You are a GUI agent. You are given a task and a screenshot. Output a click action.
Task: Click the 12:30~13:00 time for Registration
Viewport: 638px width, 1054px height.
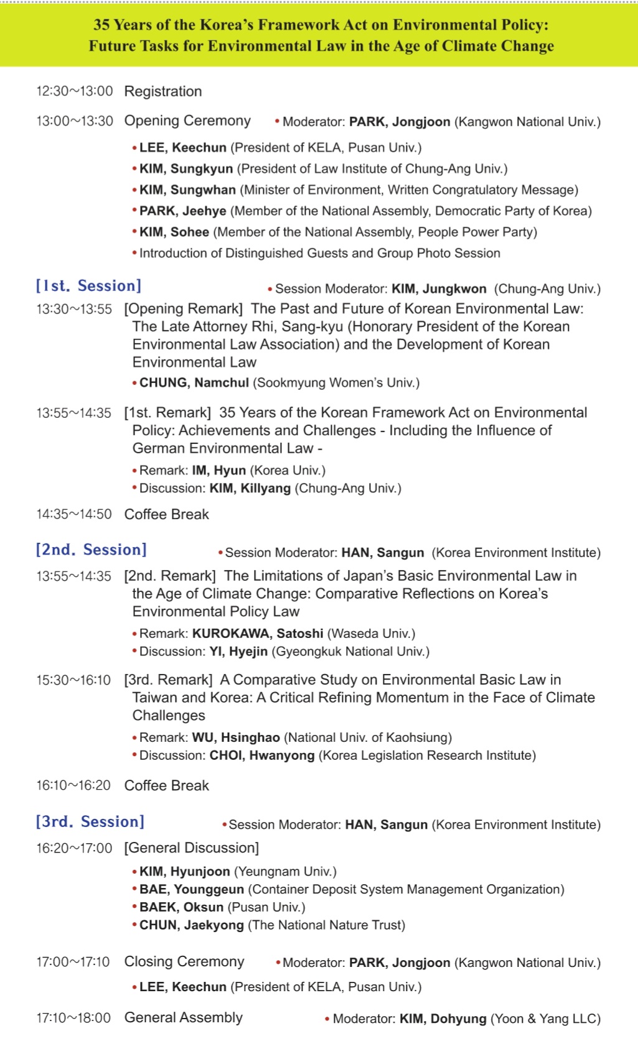74,91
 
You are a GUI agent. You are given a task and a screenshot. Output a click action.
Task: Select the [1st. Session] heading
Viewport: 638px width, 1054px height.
88,286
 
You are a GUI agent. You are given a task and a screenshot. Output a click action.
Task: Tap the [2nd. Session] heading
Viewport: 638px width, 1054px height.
91,550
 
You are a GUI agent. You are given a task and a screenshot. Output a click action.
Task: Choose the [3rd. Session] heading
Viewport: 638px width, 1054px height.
90,821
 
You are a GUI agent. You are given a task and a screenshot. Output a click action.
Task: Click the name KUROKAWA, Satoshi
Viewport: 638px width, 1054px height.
258,634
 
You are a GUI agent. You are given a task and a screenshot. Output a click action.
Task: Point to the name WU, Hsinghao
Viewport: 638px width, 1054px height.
236,737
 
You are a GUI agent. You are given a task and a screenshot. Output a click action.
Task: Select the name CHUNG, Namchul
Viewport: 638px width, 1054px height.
194,382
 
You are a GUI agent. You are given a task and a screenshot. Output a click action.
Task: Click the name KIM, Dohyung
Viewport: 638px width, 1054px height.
443,1019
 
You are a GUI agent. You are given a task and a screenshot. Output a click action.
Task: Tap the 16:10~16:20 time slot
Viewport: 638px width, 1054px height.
73,785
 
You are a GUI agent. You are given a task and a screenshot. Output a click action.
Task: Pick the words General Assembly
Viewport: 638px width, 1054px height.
183,1017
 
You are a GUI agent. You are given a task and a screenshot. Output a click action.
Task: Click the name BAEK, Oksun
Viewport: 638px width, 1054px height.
181,907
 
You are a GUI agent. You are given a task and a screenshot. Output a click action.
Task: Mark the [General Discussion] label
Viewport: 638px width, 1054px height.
191,848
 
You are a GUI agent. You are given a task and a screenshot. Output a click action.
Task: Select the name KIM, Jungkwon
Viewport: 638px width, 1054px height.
439,289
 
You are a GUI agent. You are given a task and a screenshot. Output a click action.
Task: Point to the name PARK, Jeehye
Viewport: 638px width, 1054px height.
182,211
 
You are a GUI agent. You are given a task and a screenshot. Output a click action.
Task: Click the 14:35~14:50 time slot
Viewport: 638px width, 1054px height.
73,514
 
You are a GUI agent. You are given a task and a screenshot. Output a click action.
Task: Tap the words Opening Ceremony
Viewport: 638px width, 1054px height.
187,121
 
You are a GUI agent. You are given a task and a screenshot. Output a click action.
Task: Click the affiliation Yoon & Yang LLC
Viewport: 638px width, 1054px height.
545,1019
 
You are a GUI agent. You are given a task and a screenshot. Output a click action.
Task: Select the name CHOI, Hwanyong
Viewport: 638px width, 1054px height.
262,756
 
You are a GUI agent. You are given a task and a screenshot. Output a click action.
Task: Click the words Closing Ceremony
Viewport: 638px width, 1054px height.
184,961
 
